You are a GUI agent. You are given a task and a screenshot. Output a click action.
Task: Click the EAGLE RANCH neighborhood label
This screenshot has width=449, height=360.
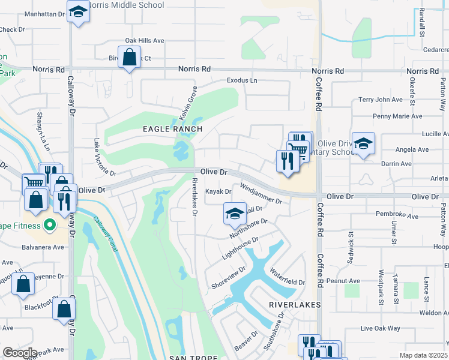(x=172, y=129)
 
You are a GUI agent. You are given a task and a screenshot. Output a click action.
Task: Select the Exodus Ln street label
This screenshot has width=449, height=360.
(x=242, y=80)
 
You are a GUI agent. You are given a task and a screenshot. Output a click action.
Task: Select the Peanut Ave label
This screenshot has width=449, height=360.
(x=343, y=281)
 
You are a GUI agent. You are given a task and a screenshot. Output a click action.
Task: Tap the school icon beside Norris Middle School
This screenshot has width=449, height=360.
(x=77, y=11)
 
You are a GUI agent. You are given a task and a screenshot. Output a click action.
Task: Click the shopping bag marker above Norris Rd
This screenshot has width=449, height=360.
(x=129, y=58)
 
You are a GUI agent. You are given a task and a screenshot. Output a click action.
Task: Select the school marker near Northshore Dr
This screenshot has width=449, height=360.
(x=235, y=214)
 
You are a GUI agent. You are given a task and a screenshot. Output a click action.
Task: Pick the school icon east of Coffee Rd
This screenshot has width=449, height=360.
(x=363, y=143)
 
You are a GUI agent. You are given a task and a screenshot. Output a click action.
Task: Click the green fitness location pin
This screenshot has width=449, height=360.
(x=50, y=226)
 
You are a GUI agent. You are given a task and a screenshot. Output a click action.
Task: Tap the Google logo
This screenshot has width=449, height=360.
(x=20, y=353)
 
